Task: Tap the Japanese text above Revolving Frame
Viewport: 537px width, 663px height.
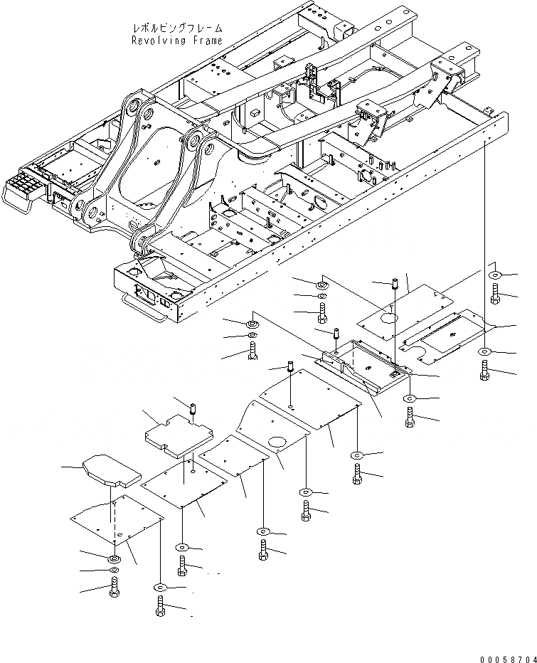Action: click(x=177, y=28)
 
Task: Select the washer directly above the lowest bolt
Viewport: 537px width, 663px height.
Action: click(x=159, y=587)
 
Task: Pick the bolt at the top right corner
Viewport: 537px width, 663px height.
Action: click(x=494, y=292)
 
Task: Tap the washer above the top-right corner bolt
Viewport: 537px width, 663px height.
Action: click(x=494, y=275)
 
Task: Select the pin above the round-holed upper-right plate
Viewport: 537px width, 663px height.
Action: click(x=392, y=287)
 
